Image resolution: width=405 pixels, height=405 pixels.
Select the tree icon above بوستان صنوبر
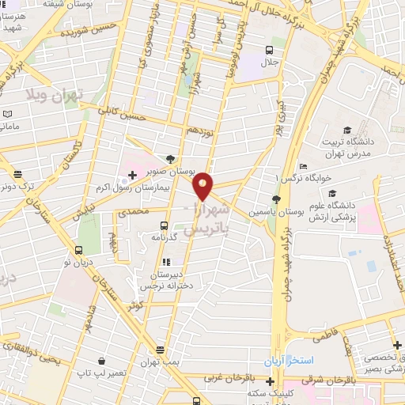[170, 158]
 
